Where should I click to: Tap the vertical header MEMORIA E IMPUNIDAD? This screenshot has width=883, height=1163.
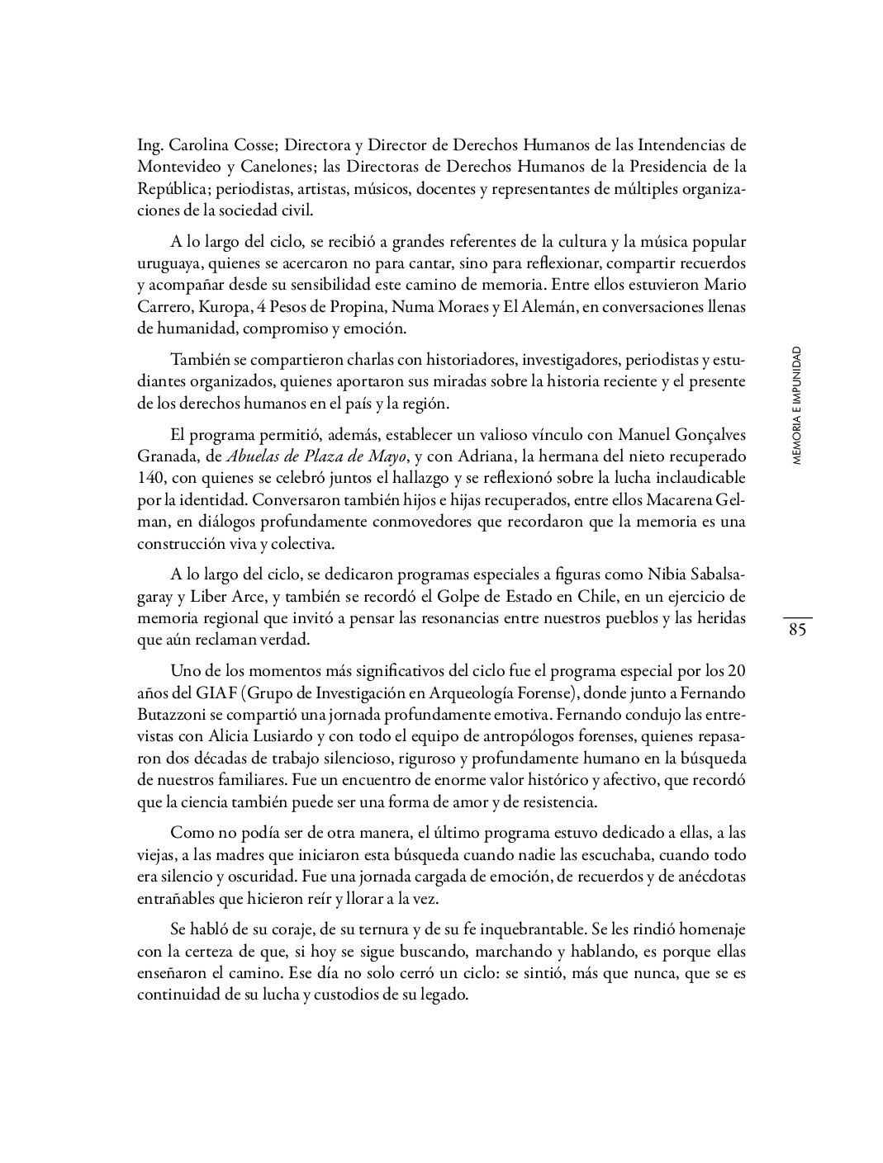click(x=796, y=406)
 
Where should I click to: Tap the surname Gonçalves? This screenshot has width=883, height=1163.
click(x=702, y=435)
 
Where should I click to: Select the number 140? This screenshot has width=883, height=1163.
click(x=153, y=478)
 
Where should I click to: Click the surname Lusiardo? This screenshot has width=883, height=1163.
click(x=278, y=735)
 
